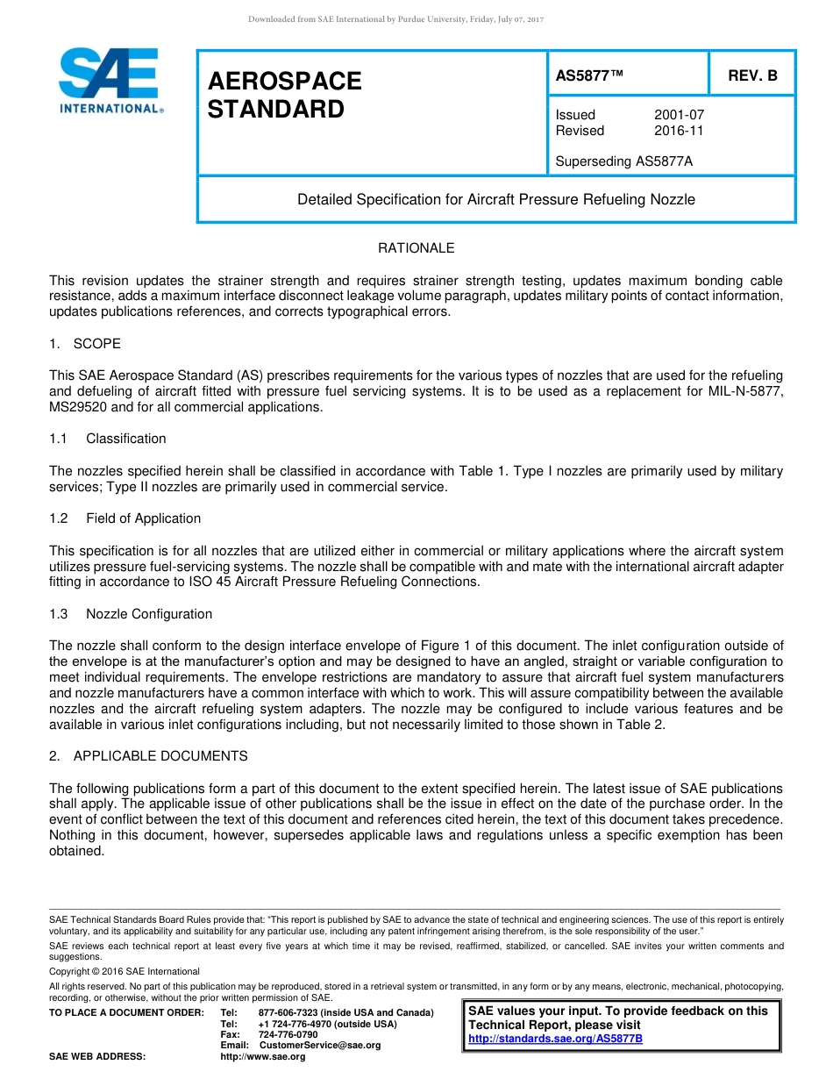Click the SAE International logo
110,80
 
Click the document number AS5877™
589,75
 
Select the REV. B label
752,75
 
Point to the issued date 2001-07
679,115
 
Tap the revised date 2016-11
679,131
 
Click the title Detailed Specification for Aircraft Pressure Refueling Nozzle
495,199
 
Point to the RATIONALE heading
416,248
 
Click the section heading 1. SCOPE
85,343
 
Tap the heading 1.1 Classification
108,439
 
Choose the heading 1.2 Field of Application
125,518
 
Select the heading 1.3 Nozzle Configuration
131,614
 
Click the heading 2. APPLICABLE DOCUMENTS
148,755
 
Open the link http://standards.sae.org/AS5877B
555,1039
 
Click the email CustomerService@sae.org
320,1045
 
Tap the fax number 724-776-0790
288,1034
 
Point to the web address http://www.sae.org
263,1056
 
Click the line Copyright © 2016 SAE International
125,971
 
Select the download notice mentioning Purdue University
396,19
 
